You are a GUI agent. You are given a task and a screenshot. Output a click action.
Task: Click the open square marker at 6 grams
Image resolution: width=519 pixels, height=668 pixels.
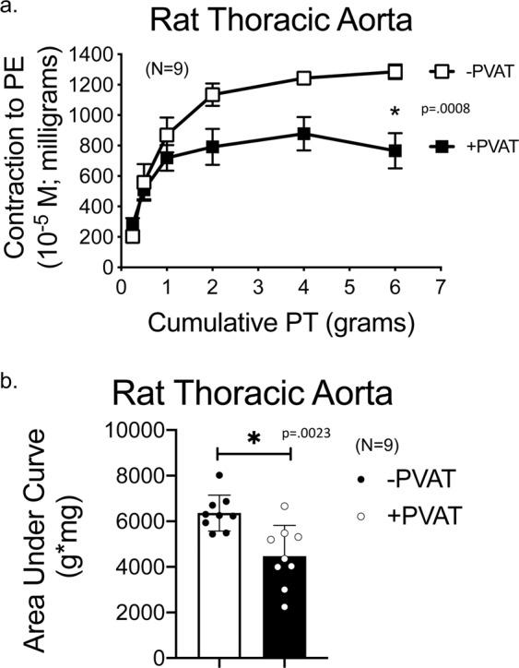(x=395, y=71)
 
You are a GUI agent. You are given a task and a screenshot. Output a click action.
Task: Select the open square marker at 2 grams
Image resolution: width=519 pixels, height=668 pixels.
(x=213, y=94)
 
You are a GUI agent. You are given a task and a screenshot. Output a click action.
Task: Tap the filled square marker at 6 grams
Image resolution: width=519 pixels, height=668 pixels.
(x=395, y=150)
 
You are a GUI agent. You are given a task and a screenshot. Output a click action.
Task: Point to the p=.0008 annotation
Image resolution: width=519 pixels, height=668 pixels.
(x=446, y=109)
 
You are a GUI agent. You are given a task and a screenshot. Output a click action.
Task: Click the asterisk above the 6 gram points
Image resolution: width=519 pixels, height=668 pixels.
(x=395, y=113)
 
